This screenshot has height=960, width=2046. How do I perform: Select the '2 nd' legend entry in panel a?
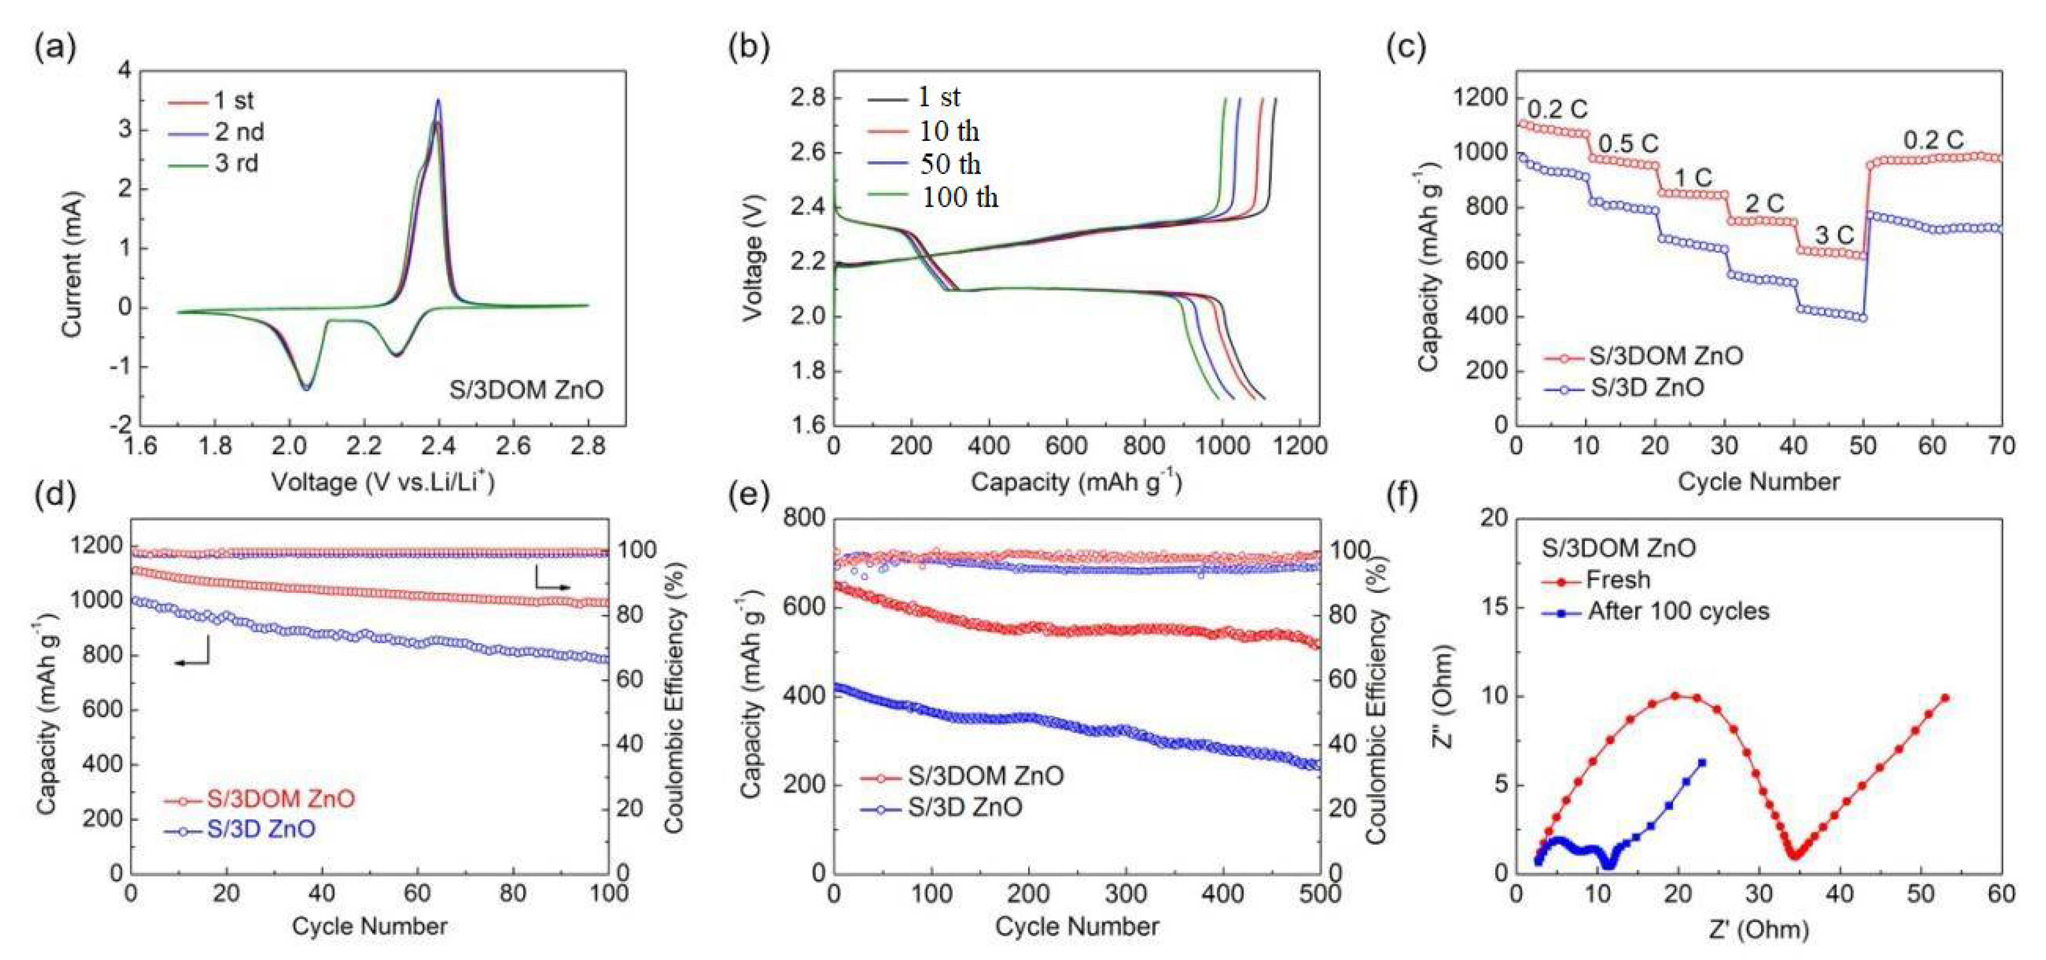click(x=238, y=132)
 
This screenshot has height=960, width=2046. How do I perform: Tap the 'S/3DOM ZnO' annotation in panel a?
click(x=526, y=389)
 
